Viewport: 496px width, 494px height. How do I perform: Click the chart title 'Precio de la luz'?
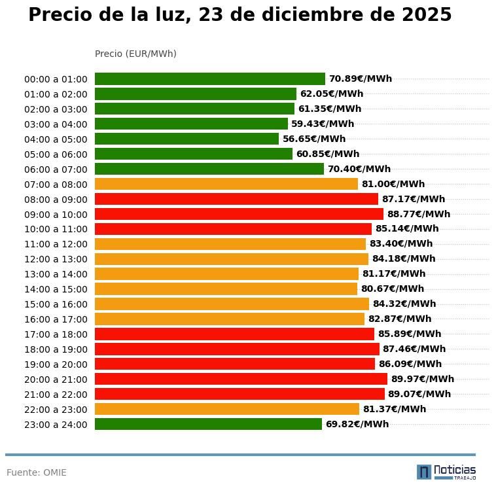[x=239, y=15]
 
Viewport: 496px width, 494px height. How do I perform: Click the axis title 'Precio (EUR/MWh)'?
[x=135, y=54]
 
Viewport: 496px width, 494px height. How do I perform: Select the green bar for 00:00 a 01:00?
[x=209, y=79]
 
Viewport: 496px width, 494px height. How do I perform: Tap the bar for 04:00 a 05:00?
[x=186, y=139]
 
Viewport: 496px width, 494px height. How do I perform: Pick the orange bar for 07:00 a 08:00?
[x=226, y=184]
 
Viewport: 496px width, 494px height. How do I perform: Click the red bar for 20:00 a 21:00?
[x=241, y=379]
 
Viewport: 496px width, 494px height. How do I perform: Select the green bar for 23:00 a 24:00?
[x=208, y=424]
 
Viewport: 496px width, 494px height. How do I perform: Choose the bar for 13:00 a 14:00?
[x=226, y=273]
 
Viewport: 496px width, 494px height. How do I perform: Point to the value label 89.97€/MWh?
[x=422, y=379]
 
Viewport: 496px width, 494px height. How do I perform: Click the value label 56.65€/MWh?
[x=313, y=139]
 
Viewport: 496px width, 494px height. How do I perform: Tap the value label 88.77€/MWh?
[x=418, y=214]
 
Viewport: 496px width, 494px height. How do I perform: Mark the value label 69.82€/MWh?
[x=357, y=424]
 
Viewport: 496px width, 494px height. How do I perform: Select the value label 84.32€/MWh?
[x=404, y=304]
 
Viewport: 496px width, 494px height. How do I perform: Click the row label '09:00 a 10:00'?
[x=56, y=214]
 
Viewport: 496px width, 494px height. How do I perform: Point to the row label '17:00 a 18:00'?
[x=56, y=334]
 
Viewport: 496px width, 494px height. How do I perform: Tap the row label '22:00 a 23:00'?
[x=56, y=410]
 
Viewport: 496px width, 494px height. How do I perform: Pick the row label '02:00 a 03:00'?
[x=56, y=109]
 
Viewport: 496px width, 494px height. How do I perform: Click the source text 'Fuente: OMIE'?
[x=37, y=472]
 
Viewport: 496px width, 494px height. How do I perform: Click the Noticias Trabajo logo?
[x=446, y=472]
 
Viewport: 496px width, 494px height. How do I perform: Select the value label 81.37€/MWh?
[x=394, y=409]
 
